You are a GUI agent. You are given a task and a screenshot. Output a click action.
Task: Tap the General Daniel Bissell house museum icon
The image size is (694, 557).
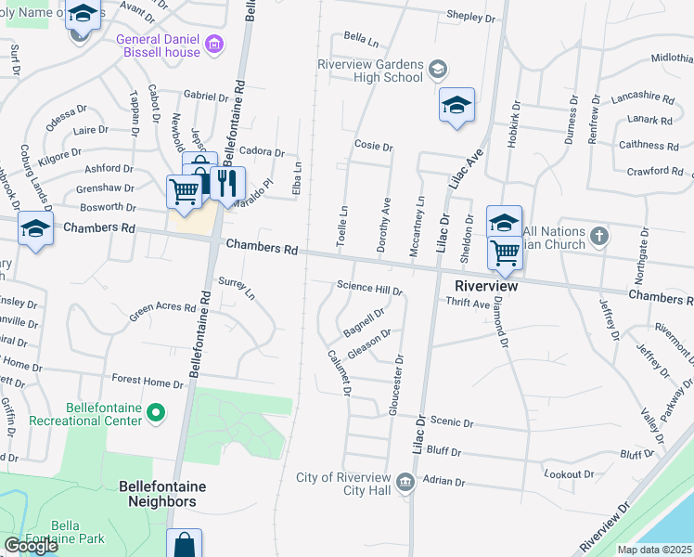pyautogui.click(x=215, y=45)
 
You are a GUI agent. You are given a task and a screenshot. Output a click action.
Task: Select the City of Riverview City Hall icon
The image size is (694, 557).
pyautogui.click(x=405, y=481)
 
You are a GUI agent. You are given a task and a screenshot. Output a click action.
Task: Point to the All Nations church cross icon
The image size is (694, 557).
pyautogui.click(x=598, y=236)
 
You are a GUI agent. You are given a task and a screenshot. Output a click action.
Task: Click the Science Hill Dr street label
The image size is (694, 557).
pyautogui.click(x=369, y=289)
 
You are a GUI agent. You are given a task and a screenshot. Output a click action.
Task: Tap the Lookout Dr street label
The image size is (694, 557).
pyautogui.click(x=568, y=473)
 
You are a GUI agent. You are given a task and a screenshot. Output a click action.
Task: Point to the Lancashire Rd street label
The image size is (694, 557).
pyautogui.click(x=642, y=97)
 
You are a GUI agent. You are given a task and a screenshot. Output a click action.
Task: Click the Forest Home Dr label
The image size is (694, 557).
pyautogui.click(x=148, y=381)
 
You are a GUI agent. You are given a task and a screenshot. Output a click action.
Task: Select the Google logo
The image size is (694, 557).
pyautogui.click(x=31, y=546)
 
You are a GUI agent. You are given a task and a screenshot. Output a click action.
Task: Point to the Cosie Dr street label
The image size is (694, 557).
pyautogui.click(x=374, y=147)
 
